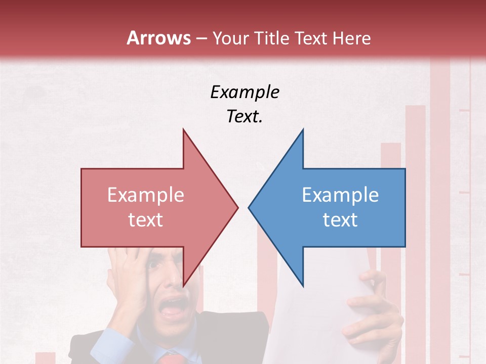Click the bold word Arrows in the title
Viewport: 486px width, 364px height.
[x=158, y=38]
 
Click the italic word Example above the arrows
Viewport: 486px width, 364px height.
[x=245, y=92]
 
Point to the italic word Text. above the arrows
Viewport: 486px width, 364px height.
[x=245, y=116]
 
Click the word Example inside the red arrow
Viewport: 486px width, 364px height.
[x=146, y=195]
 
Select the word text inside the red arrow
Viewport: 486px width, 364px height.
[x=146, y=220]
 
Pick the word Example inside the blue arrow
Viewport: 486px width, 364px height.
[x=340, y=195]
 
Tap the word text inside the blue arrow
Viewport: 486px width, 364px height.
[x=340, y=220]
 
